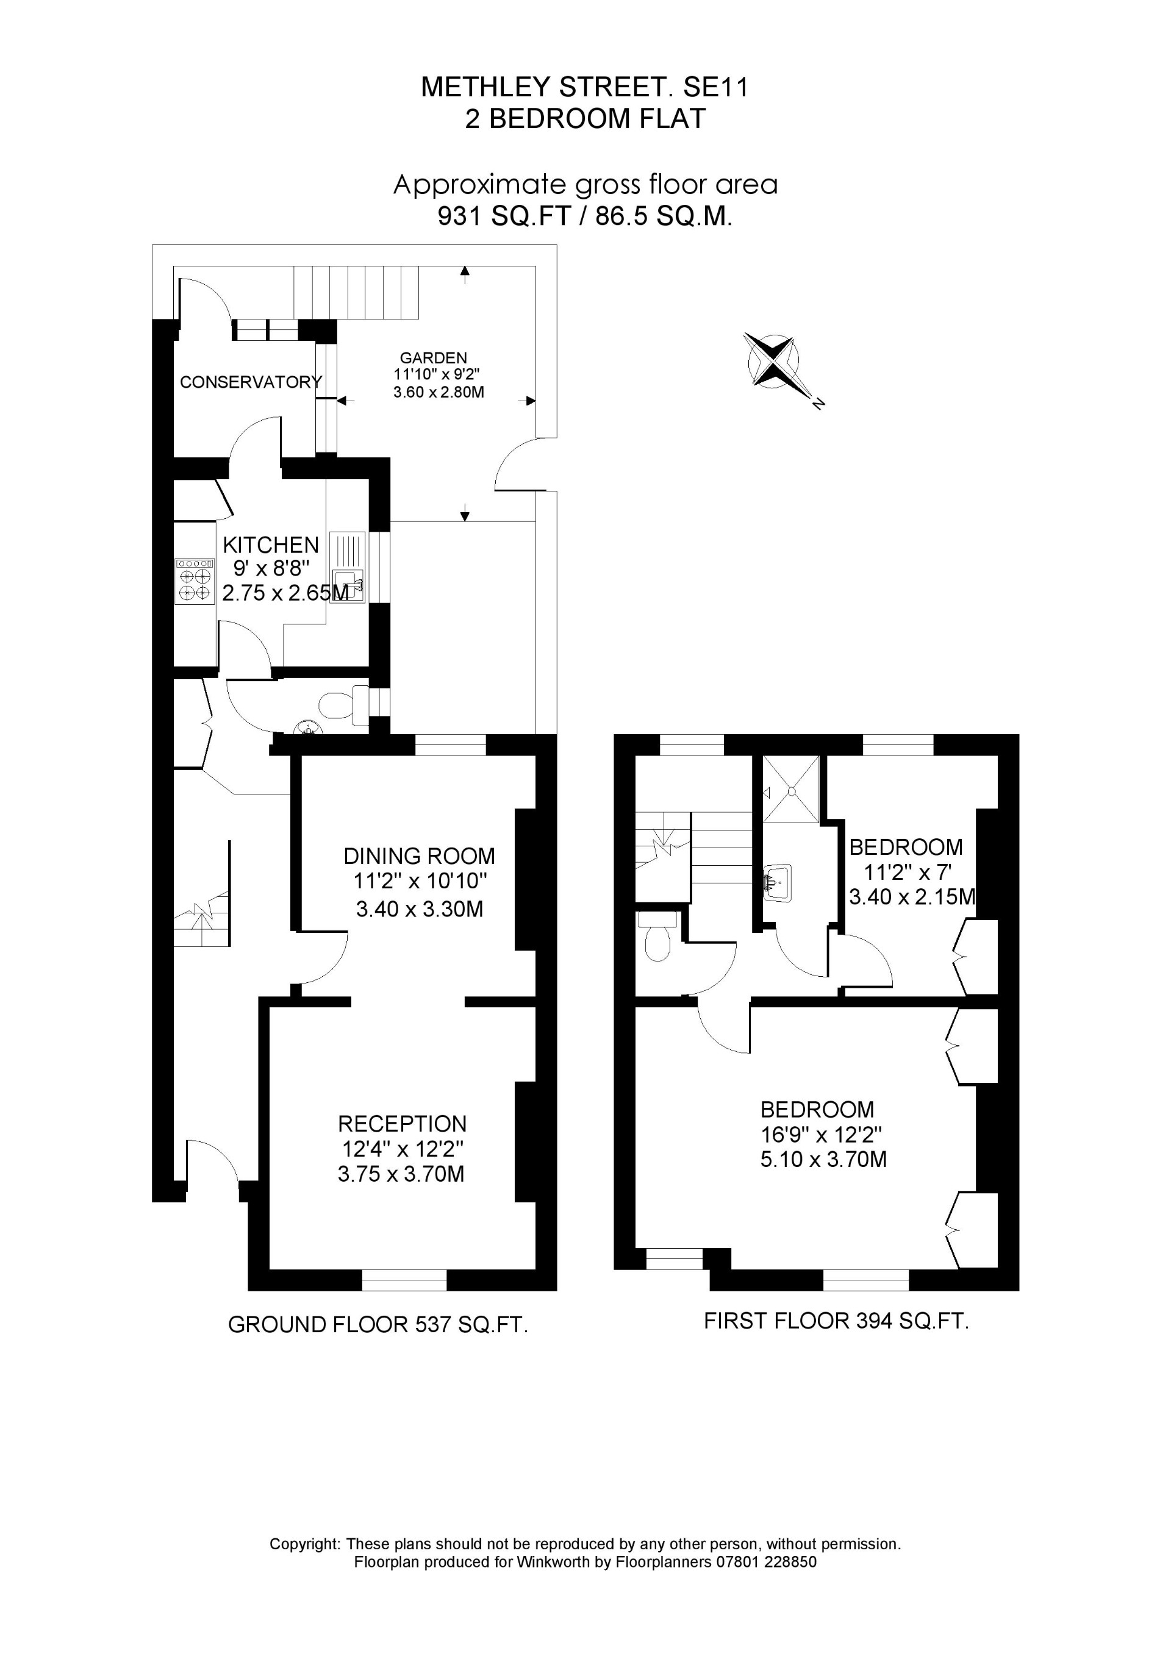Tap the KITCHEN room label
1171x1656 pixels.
[271, 544]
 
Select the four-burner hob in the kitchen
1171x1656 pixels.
[195, 581]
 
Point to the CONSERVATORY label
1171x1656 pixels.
[250, 382]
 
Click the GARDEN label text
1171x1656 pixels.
[433, 358]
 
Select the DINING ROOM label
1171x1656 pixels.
[419, 856]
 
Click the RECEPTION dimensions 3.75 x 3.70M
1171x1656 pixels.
[401, 1174]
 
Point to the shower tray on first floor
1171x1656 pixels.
[791, 789]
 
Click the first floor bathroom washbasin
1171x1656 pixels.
[778, 882]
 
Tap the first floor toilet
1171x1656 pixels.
[657, 938]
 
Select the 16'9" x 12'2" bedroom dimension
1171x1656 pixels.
[822, 1135]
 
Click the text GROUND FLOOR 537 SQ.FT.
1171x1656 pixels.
[378, 1325]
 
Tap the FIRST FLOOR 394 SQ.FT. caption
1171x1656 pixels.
[836, 1321]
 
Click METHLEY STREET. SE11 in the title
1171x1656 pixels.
[585, 87]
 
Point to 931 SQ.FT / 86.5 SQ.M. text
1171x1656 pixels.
[585, 216]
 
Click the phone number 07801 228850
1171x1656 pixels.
[765, 1562]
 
